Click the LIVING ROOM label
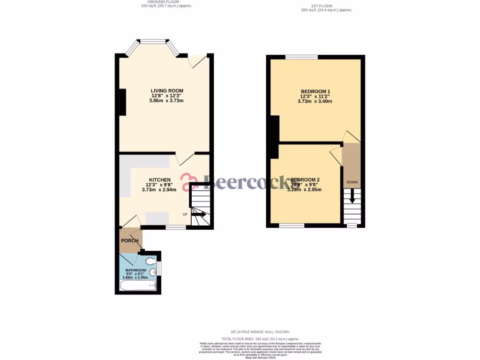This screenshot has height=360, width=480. coord(166,91)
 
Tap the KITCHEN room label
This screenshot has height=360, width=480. coord(159,180)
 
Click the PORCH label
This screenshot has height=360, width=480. coord(130,241)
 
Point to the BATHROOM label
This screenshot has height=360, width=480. coord(135,270)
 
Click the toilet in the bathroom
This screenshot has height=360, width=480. coord(150,261)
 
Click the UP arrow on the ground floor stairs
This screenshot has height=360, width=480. coord(198,214)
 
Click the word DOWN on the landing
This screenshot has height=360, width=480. coord(352,182)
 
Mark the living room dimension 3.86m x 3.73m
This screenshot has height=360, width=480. coord(166,101)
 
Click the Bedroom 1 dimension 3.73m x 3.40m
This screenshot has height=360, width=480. coord(315,101)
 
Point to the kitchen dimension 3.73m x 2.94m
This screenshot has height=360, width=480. coord(159,190)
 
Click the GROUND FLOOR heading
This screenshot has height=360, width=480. coord(166,2)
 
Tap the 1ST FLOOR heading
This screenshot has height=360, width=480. coord(326,6)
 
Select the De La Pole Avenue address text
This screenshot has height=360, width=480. coord(261,332)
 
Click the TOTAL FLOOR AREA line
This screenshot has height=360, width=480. coord(261,338)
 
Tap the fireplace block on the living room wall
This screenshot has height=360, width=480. coord(122,102)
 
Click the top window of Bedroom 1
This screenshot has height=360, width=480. coord(301,57)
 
